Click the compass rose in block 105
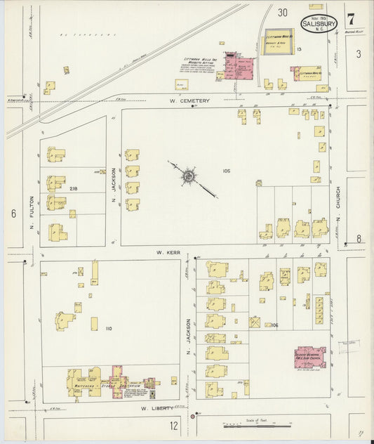(187, 176)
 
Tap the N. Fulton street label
(32, 214)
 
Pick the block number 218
(74, 188)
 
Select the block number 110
(108, 328)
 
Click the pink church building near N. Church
(309, 357)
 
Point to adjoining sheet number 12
(174, 425)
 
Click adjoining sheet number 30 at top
(282, 12)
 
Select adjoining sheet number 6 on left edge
(13, 214)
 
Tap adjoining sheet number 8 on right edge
(358, 238)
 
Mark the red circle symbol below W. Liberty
(199, 414)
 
